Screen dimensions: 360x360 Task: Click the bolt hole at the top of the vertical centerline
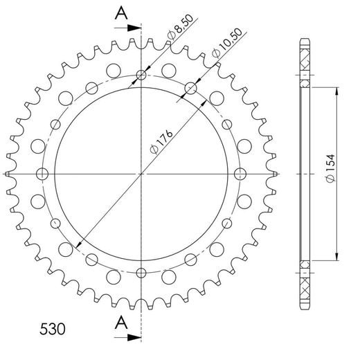click(141, 75)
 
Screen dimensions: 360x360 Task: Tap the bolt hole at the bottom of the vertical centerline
click(141, 271)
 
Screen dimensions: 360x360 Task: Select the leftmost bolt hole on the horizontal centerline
click(43, 173)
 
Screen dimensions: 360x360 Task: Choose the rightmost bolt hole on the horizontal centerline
click(240, 173)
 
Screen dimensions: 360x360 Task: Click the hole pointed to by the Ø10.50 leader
click(190, 88)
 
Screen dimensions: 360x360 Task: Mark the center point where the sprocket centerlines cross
click(141, 173)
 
